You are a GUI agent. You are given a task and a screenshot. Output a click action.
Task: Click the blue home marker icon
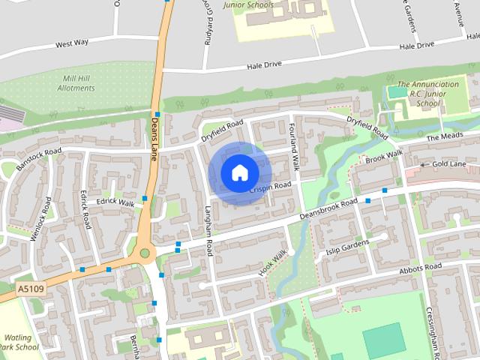tap(238, 173)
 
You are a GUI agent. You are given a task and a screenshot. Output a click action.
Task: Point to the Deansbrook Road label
tap(328, 209)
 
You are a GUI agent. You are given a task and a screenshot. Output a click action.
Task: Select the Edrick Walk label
tap(115, 203)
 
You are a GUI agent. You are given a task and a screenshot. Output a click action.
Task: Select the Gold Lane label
tap(448, 163)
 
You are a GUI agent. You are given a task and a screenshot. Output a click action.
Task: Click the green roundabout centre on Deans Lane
tap(145, 253)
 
